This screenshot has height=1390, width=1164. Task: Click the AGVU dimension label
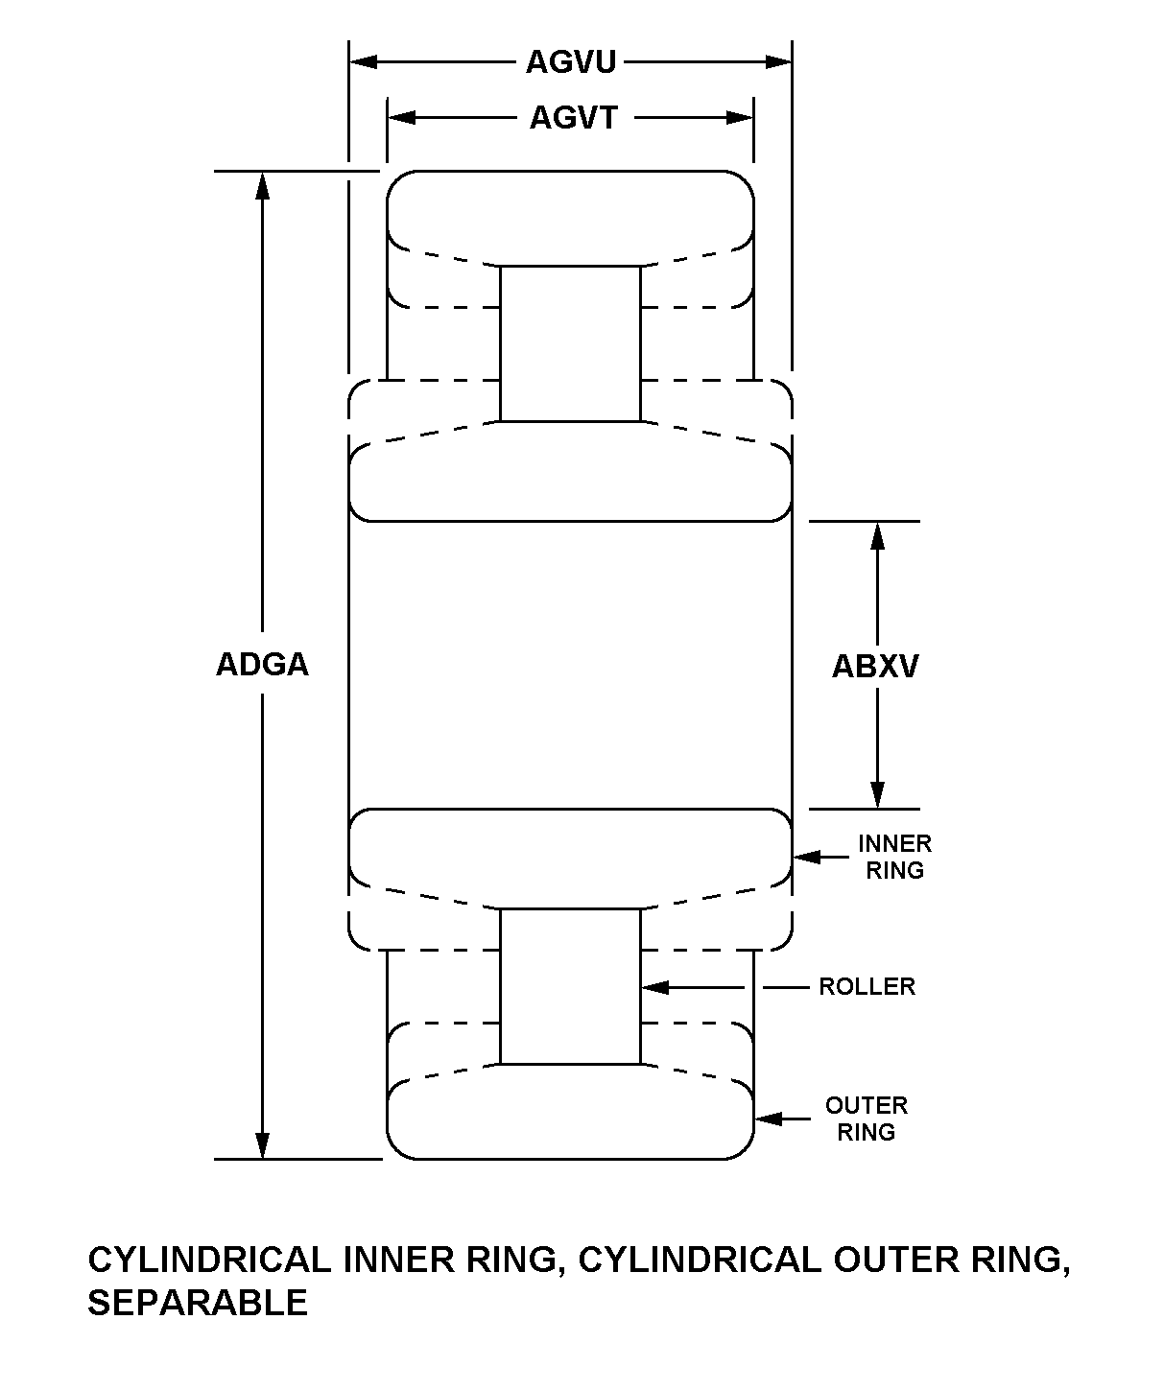coord(570,62)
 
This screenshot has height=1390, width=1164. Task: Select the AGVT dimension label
coord(574,118)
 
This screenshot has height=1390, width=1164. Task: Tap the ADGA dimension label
coord(262,665)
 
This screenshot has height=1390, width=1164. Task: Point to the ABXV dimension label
coord(875,666)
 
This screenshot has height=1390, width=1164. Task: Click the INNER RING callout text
coord(894,857)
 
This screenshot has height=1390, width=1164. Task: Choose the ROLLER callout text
coord(867,987)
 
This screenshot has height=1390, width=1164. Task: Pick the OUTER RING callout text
coord(866,1119)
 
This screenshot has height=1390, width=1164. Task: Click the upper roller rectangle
coord(570,343)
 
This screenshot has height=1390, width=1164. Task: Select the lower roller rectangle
coord(570,986)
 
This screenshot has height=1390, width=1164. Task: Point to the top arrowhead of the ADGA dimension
coord(262,185)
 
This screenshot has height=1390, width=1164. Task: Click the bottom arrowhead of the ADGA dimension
coord(262,1145)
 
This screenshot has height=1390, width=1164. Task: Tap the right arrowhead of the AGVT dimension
coord(740,118)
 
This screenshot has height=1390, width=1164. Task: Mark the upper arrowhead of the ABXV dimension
coord(876,535)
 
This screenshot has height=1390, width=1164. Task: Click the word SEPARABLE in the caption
coord(198,1303)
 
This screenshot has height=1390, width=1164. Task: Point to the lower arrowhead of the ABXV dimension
coord(876,795)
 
